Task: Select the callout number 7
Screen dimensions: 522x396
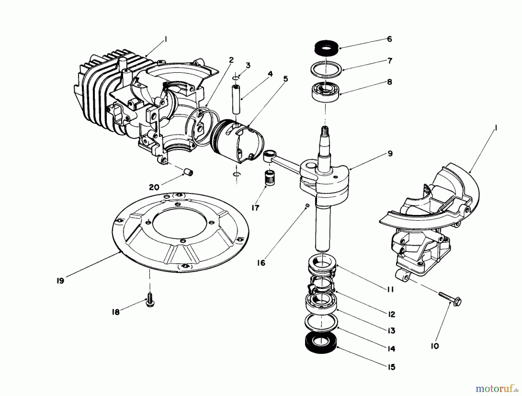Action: point(389,61)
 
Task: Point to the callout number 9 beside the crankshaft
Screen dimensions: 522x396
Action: point(390,153)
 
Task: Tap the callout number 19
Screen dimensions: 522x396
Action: point(60,281)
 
